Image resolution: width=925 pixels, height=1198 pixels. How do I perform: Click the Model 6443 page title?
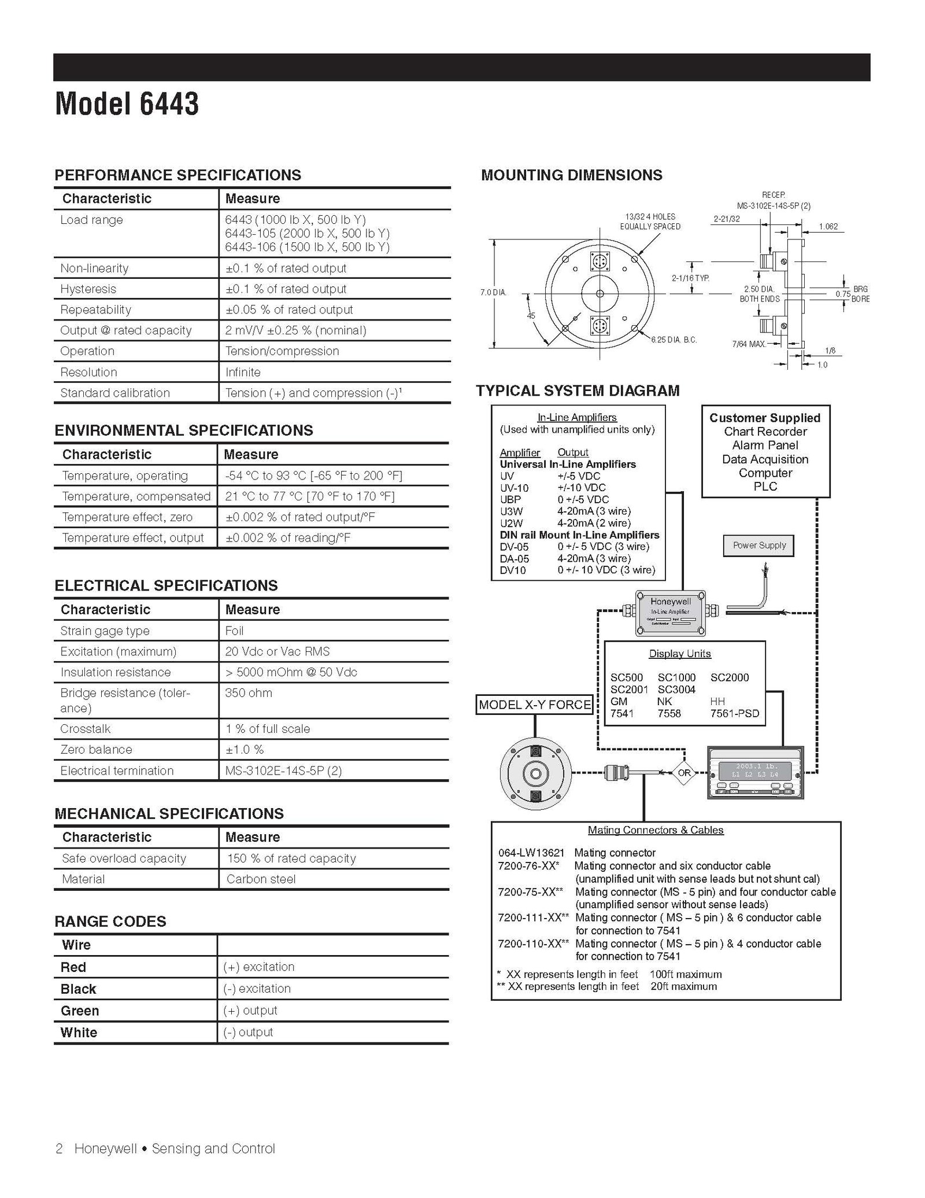pyautogui.click(x=127, y=105)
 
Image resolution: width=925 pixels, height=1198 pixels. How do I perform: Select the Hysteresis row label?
pyautogui.click(x=88, y=289)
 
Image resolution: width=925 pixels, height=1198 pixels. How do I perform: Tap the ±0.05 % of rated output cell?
pyautogui.click(x=289, y=309)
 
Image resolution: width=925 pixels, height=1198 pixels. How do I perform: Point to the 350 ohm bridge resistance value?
pyautogui.click(x=249, y=693)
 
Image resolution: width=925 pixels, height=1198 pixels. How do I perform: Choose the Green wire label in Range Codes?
pyautogui.click(x=80, y=1011)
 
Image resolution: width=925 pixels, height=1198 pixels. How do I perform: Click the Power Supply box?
pyautogui.click(x=759, y=545)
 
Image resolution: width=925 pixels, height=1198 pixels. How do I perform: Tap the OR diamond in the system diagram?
pyautogui.click(x=684, y=773)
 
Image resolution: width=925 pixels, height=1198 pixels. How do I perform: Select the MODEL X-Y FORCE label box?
pyautogui.click(x=535, y=705)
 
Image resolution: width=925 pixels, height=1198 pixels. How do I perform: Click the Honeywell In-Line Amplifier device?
pyautogui.click(x=670, y=613)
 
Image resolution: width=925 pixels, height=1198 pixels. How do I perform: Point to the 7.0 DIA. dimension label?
pyautogui.click(x=493, y=293)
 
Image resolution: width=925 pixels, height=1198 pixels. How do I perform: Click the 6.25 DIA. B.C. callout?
pyautogui.click(x=674, y=340)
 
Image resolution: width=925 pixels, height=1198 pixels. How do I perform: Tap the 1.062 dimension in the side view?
pyautogui.click(x=828, y=227)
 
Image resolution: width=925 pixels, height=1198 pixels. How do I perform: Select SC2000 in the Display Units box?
pyautogui.click(x=730, y=677)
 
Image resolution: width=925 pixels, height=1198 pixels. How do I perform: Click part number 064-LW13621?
pyautogui.click(x=531, y=853)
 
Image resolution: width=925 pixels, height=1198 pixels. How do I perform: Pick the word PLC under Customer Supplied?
pyautogui.click(x=765, y=486)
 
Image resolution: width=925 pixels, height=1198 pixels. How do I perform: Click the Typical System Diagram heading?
pyautogui.click(x=578, y=391)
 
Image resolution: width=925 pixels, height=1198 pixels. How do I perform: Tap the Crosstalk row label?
pyautogui.click(x=86, y=729)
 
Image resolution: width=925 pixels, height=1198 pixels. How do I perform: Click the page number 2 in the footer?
pyautogui.click(x=59, y=1148)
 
